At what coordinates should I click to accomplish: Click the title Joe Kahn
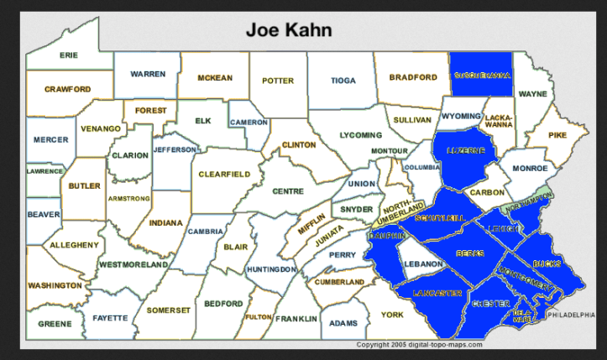[289, 30]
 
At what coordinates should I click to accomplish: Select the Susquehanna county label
[482, 76]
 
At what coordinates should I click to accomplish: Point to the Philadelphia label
[575, 315]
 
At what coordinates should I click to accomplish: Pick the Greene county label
[55, 323]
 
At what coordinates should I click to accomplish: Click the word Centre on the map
[288, 191]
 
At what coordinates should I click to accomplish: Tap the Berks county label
[470, 253]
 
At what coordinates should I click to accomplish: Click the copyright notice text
[420, 344]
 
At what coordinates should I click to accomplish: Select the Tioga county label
[343, 81]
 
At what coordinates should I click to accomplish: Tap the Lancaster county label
[437, 293]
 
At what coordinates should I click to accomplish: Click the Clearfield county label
[224, 174]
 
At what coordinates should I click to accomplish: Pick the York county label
[392, 315]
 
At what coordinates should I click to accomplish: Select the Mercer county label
[51, 139]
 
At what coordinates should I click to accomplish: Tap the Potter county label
[278, 81]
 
